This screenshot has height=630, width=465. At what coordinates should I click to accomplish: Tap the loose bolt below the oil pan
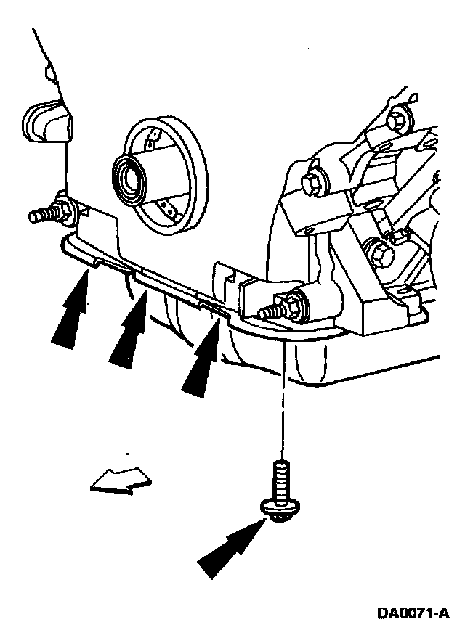(x=281, y=483)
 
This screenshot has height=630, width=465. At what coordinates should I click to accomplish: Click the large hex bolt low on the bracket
(x=380, y=254)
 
